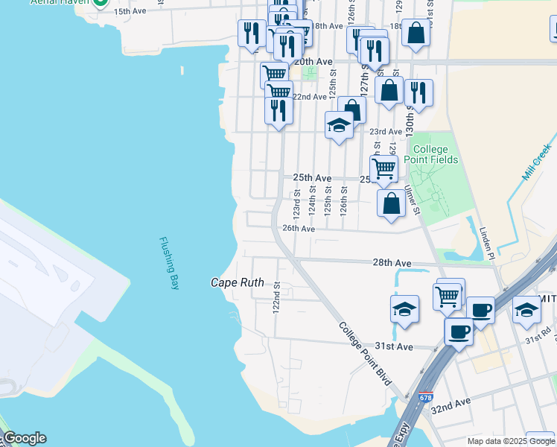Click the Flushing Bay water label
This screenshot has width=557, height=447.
pos(169,264)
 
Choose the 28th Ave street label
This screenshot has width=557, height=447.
pos(392,263)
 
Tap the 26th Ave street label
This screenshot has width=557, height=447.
pos(299,229)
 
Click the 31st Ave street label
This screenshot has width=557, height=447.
pos(393,346)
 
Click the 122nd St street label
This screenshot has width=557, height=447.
pos(276,297)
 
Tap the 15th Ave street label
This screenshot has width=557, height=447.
pos(131,12)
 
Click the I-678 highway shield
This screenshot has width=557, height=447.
pos(425,397)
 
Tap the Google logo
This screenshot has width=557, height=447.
pos(25,439)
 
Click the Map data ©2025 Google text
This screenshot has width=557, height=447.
pos(511,441)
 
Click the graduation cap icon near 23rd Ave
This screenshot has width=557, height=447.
pos(339,124)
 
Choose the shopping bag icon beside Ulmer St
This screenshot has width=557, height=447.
pos(392,203)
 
